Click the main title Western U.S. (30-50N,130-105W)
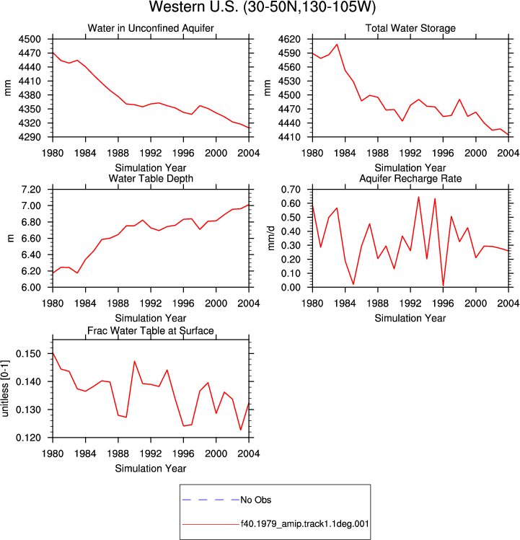pyautogui.click(x=263, y=7)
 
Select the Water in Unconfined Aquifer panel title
pyautogui.click(x=151, y=28)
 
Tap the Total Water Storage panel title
pyautogui.click(x=410, y=28)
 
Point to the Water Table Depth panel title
pyautogui.click(x=151, y=178)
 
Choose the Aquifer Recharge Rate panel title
pyautogui.click(x=410, y=178)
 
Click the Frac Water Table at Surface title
pyautogui.click(x=151, y=331)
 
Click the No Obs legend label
pyautogui.click(x=256, y=500)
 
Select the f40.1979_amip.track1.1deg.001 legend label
pyautogui.click(x=304, y=524)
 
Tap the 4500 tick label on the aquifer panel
pyautogui.click(x=30, y=39)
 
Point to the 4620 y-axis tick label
pyautogui.click(x=289, y=39)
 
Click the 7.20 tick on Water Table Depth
pyautogui.click(x=31, y=190)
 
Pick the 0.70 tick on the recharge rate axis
pyautogui.click(x=291, y=190)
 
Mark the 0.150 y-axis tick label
pyautogui.click(x=28, y=354)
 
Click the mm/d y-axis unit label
pyautogui.click(x=271, y=238)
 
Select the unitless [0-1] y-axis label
pyautogui.click(x=5, y=389)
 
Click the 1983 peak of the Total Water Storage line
pyautogui.click(x=337, y=45)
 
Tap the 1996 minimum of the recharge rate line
pyautogui.click(x=443, y=286)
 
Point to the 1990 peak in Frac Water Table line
pyautogui.click(x=134, y=361)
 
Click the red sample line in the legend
pyautogui.click(x=211, y=524)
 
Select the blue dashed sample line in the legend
pyautogui.click(x=211, y=500)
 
